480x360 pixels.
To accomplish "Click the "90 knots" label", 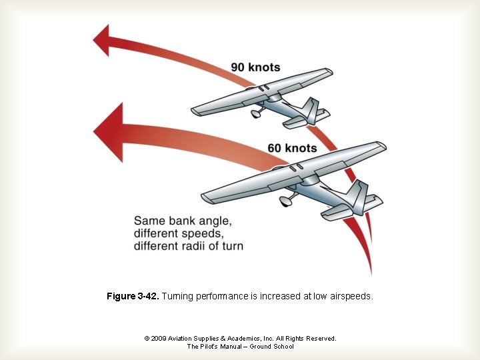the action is click(255, 67).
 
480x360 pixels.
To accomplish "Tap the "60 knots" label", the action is click(292, 147).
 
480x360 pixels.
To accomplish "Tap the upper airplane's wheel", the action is click(255, 114).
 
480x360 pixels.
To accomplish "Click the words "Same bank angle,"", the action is click(183, 221).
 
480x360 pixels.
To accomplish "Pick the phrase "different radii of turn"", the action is click(189, 246).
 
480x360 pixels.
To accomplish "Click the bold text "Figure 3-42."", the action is click(132, 296).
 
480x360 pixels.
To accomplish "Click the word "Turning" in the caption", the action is click(178, 296).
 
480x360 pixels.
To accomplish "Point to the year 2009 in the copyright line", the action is click(159, 339).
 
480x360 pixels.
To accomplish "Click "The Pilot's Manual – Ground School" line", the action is click(240, 347).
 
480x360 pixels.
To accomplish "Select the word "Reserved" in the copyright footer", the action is click(319, 339).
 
